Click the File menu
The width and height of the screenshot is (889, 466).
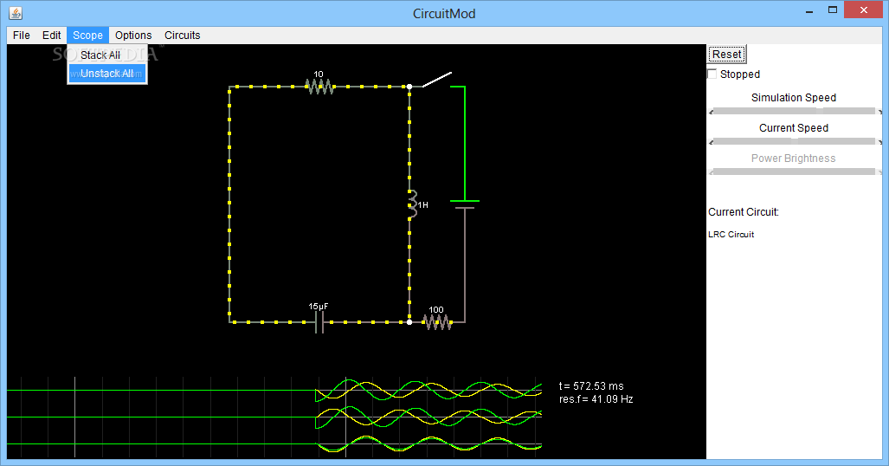[22, 36]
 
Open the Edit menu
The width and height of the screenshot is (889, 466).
[52, 36]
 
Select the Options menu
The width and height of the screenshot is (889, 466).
[133, 36]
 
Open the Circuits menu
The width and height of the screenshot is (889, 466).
[183, 36]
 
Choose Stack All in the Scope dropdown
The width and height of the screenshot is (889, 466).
[100, 55]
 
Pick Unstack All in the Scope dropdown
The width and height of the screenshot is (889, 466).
[107, 74]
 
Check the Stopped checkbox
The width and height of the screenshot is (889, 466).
[712, 74]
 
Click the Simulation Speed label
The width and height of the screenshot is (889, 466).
[794, 98]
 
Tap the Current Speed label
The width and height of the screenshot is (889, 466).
[794, 128]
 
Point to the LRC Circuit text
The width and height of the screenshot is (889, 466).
[731, 235]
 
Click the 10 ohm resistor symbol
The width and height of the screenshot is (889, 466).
[319, 87]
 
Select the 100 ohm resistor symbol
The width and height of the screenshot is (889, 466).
[438, 322]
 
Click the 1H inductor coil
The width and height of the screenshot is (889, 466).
[413, 204]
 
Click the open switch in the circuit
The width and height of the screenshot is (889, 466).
[435, 81]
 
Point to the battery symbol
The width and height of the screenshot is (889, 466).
[465, 204]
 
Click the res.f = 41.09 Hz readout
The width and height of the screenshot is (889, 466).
[596, 399]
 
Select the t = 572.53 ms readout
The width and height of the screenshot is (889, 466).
[591, 386]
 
